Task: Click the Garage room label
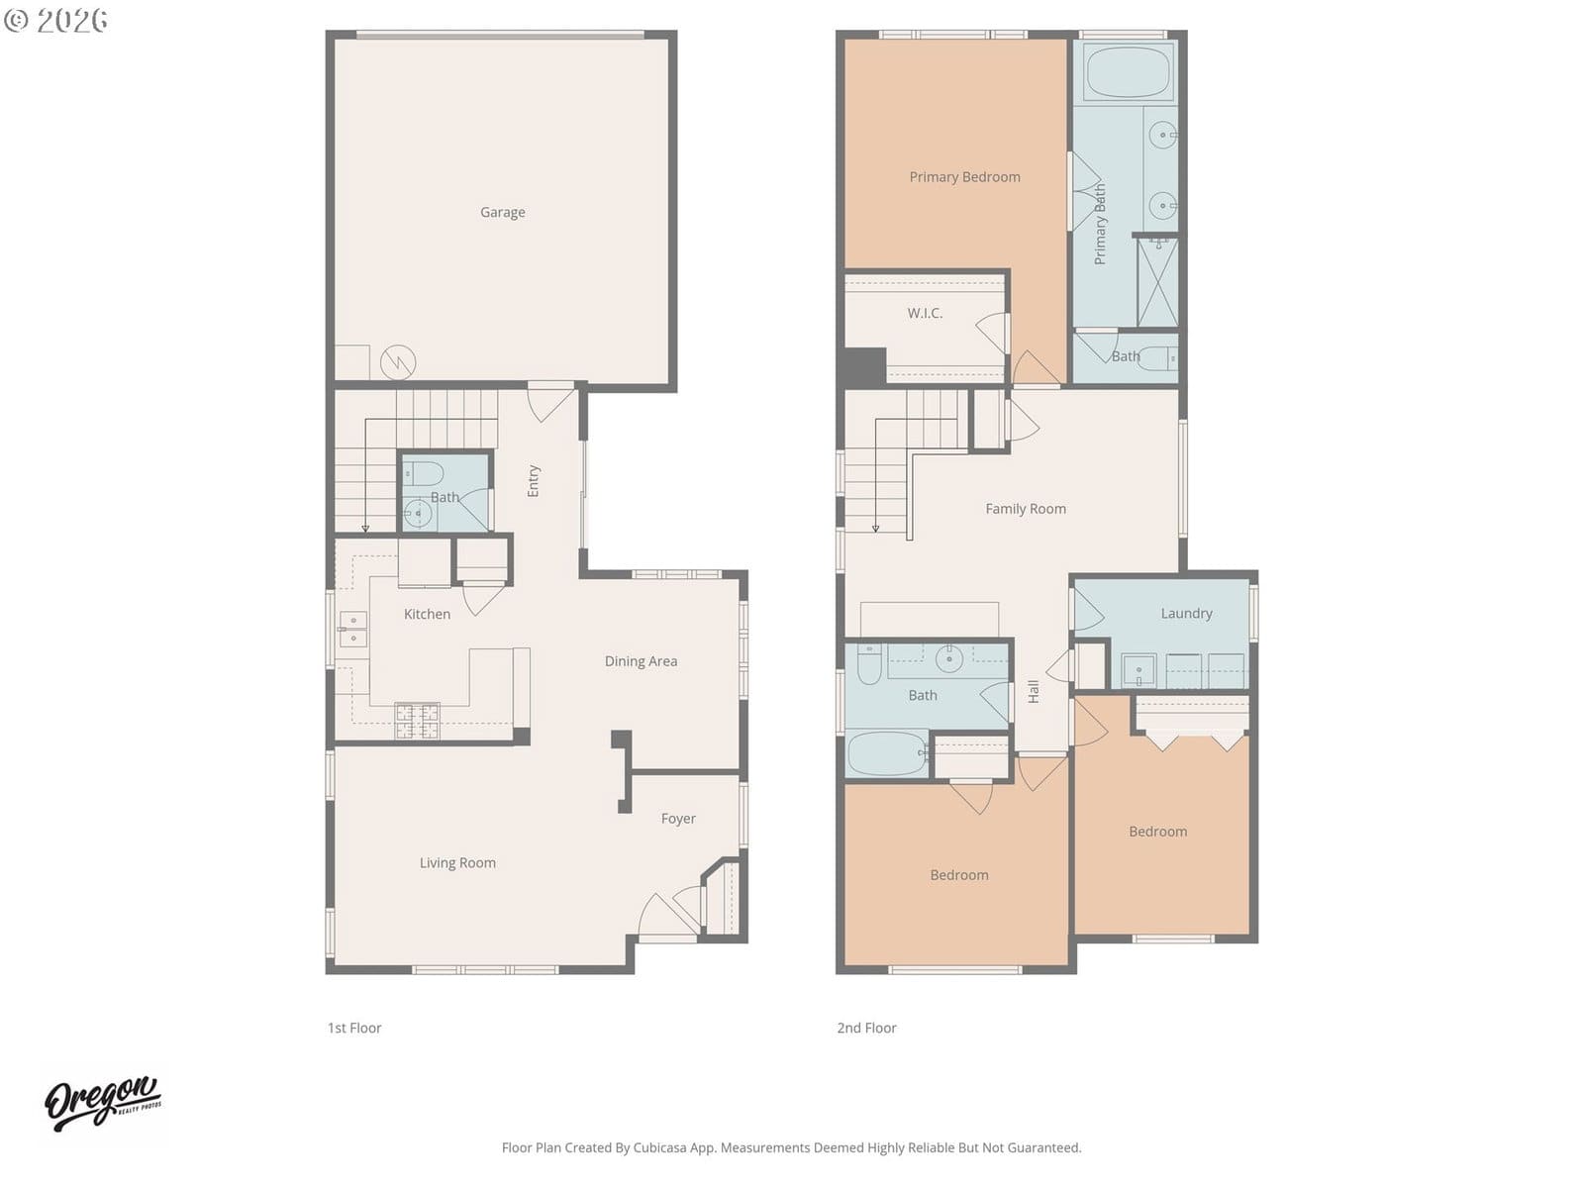(502, 212)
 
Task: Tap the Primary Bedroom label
(964, 177)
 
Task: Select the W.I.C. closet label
(925, 313)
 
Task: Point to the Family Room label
(1025, 509)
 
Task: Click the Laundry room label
(1186, 613)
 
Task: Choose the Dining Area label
(641, 661)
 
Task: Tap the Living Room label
(456, 862)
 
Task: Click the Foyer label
(677, 819)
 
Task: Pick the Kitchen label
(427, 614)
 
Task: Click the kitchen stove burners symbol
(417, 720)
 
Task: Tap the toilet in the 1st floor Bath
(422, 473)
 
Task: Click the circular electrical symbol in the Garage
(398, 362)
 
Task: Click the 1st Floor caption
(353, 1028)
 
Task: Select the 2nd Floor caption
(866, 1028)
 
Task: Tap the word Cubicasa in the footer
(659, 1147)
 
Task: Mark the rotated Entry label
(534, 480)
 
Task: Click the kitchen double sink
(352, 629)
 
